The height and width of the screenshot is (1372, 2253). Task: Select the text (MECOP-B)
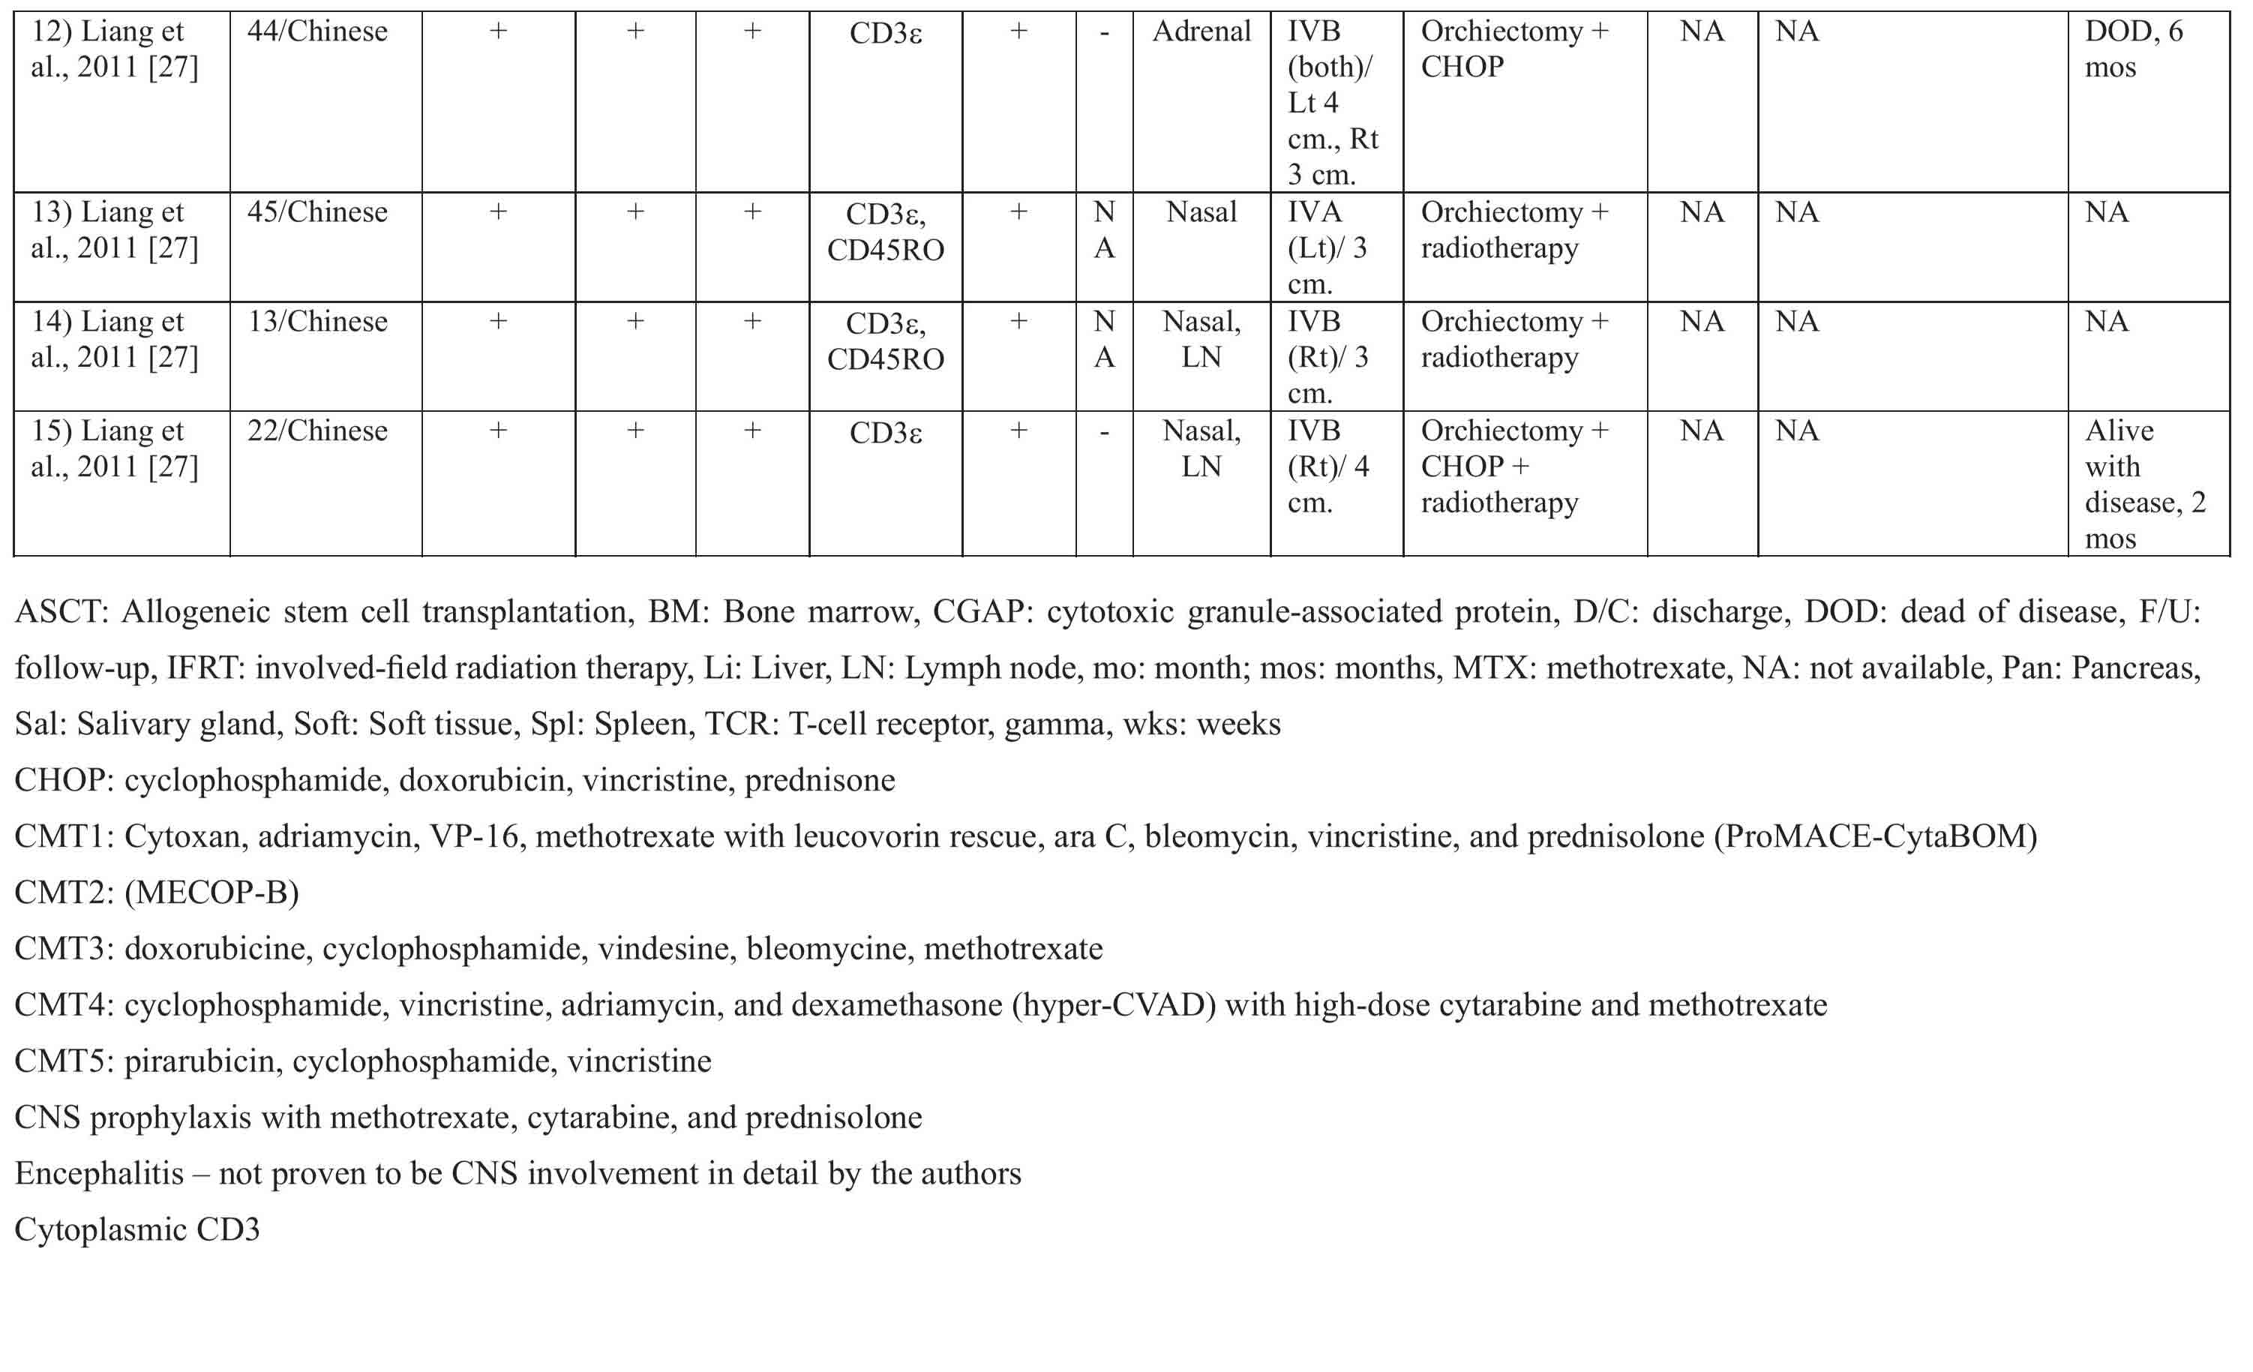(212, 893)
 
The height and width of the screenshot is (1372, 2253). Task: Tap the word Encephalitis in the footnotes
(100, 1173)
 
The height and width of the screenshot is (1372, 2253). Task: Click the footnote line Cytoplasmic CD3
(137, 1230)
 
